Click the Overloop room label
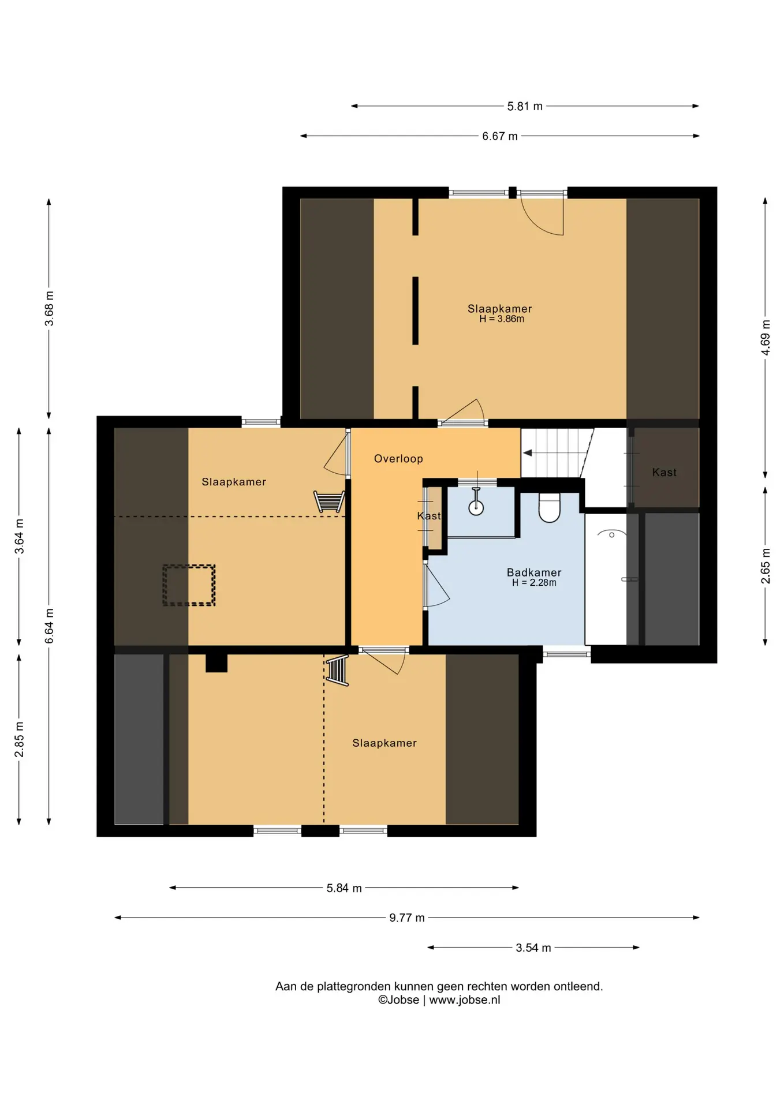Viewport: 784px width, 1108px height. pyautogui.click(x=398, y=459)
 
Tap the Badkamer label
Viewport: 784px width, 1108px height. pyautogui.click(x=534, y=572)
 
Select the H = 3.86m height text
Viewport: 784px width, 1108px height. pyautogui.click(x=502, y=319)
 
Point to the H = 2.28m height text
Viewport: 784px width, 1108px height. pyautogui.click(x=534, y=583)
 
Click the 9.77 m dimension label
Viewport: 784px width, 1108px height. pyautogui.click(x=407, y=918)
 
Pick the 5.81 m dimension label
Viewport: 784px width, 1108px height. pyautogui.click(x=525, y=106)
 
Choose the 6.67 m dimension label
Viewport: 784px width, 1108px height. pyautogui.click(x=500, y=136)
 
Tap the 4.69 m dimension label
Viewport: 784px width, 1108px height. pyautogui.click(x=766, y=337)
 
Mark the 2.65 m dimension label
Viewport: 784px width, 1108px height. pyautogui.click(x=766, y=565)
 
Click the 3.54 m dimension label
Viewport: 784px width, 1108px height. pyautogui.click(x=533, y=948)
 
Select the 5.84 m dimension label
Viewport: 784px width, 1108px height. pyautogui.click(x=344, y=888)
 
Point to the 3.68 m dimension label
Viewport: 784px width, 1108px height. pyautogui.click(x=49, y=308)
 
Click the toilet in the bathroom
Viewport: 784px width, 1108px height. pyautogui.click(x=549, y=507)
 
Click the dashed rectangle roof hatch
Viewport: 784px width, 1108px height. pyautogui.click(x=189, y=585)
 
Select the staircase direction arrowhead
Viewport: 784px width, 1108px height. pyautogui.click(x=527, y=453)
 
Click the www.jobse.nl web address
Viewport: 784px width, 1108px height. pyautogui.click(x=465, y=1000)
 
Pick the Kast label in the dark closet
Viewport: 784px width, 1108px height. pyautogui.click(x=664, y=472)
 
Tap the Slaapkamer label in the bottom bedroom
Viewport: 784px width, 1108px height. pyautogui.click(x=384, y=743)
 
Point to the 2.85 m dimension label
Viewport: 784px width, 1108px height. pyautogui.click(x=19, y=739)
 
